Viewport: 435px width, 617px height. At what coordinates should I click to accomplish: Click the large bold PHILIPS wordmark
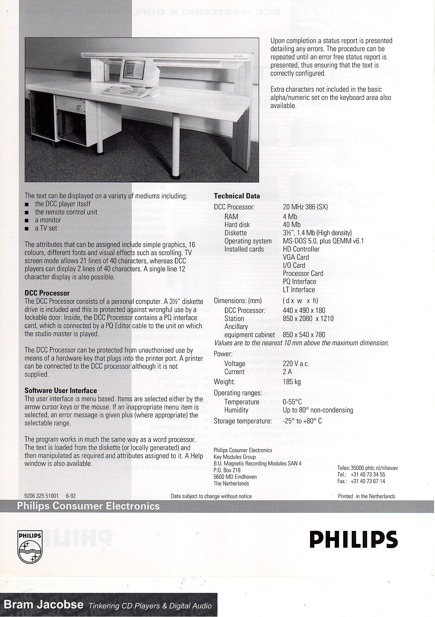(353, 540)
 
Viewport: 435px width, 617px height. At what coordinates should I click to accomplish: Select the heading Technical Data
(237, 196)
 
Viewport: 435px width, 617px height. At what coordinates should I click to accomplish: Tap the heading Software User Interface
(60, 391)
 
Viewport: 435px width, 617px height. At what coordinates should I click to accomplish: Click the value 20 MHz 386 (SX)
(305, 207)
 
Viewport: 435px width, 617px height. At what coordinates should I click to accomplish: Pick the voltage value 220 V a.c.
(296, 364)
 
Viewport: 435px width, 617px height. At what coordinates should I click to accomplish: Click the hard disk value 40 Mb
(292, 225)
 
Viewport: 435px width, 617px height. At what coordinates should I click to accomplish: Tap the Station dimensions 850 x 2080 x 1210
(308, 319)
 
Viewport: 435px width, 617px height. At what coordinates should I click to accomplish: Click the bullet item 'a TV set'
(46, 228)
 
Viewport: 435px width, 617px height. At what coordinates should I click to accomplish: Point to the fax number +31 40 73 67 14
(368, 481)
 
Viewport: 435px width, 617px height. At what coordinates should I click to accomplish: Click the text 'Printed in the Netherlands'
(366, 496)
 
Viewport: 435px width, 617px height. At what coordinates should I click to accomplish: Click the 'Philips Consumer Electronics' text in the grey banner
(88, 506)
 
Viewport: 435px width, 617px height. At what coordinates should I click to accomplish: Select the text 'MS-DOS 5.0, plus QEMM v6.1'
(323, 241)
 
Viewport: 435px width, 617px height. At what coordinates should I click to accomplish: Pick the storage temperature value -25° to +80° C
(302, 421)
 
